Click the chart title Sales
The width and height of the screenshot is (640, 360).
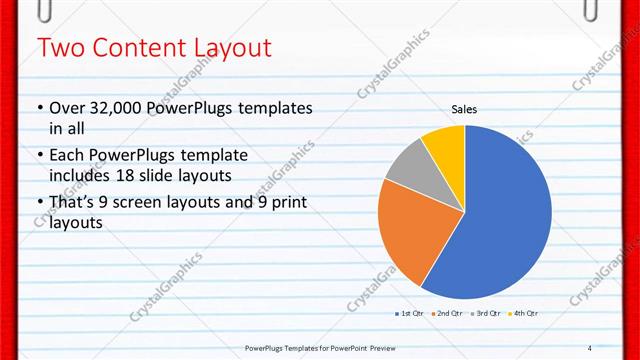click(x=464, y=109)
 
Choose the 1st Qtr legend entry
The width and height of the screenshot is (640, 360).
click(x=407, y=314)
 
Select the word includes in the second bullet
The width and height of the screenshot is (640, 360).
click(x=85, y=176)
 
